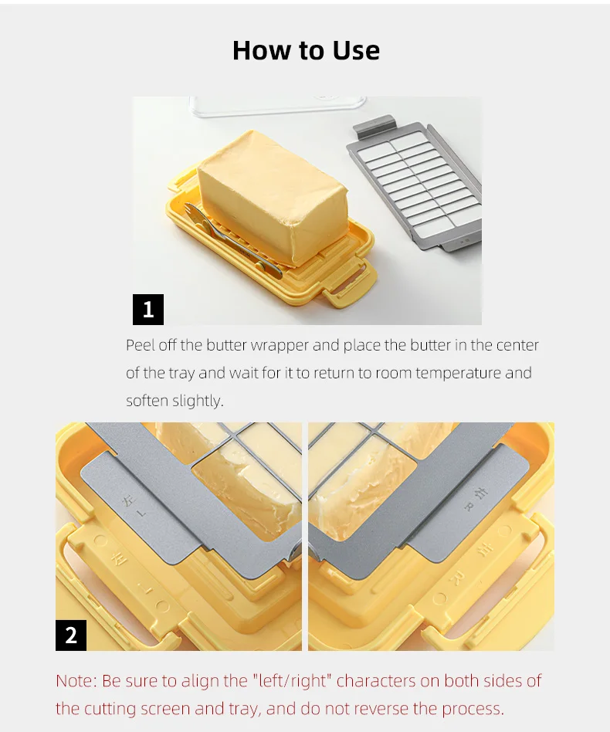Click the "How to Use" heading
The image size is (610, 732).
click(x=307, y=50)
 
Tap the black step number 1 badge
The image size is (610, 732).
click(x=148, y=310)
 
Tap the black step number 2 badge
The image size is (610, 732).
click(x=71, y=635)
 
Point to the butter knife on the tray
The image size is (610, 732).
click(x=231, y=238)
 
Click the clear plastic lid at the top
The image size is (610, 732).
click(x=278, y=106)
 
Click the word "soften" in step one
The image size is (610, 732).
click(x=147, y=401)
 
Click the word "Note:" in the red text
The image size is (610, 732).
click(x=76, y=681)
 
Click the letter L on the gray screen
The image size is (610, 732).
click(x=143, y=513)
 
